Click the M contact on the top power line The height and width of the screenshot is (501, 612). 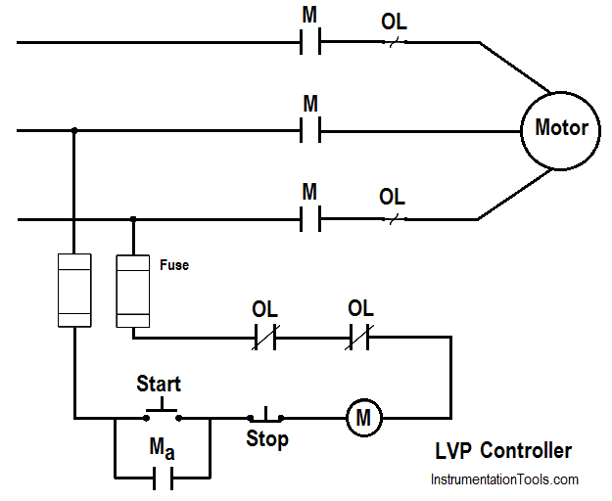pos(310,41)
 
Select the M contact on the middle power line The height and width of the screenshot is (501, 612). pos(310,130)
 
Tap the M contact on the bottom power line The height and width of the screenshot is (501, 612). pos(310,219)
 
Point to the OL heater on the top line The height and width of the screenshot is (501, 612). pos(395,42)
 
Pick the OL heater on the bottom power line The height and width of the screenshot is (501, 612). pos(395,219)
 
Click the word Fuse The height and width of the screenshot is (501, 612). pos(174,265)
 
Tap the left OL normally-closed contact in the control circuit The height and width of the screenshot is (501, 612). pos(265,337)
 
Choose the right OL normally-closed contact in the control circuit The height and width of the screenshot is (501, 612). pos(359,337)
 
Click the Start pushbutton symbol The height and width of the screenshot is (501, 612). pos(162,411)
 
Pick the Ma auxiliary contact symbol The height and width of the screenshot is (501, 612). pos(163,478)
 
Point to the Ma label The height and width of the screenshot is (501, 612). pos(162,448)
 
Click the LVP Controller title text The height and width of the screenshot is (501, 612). pos(503,451)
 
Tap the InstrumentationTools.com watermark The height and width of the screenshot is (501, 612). pos(504,479)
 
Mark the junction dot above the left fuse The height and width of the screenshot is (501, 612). pos(74,130)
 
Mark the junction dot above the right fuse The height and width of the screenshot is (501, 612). pos(133,219)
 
